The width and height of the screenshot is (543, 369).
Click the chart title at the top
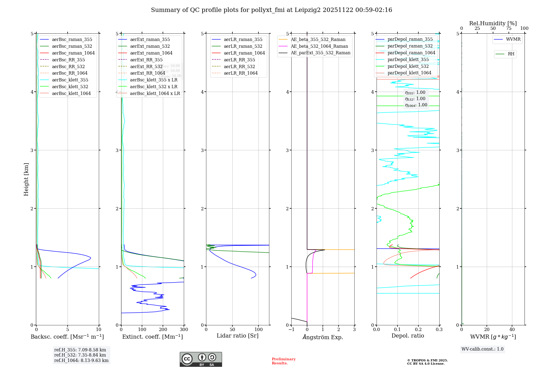271,10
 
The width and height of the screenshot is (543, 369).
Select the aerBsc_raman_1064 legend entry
73,53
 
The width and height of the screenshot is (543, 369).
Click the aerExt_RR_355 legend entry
146,60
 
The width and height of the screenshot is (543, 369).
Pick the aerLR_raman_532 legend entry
243,46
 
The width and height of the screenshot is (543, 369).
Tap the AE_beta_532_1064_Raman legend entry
319,46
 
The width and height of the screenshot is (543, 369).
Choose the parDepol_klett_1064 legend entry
409,73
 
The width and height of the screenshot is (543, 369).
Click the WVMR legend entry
513,39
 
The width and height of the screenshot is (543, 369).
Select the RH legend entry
511,54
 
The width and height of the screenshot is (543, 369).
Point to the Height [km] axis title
26,179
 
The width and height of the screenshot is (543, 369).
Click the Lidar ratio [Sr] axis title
238,336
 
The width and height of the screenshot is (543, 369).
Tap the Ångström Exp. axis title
323,337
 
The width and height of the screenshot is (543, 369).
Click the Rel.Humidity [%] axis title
493,23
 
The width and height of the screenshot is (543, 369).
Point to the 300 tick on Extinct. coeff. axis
184,330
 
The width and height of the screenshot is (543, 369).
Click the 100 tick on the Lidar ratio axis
258,330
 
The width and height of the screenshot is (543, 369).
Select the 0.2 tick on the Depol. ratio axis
418,330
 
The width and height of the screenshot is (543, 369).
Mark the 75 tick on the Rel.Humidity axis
509,28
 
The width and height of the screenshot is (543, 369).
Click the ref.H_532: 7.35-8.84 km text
80,355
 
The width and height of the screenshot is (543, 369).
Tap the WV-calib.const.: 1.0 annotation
482,349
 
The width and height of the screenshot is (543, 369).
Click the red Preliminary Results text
283,361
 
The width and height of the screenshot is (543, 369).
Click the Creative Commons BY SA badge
201,360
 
